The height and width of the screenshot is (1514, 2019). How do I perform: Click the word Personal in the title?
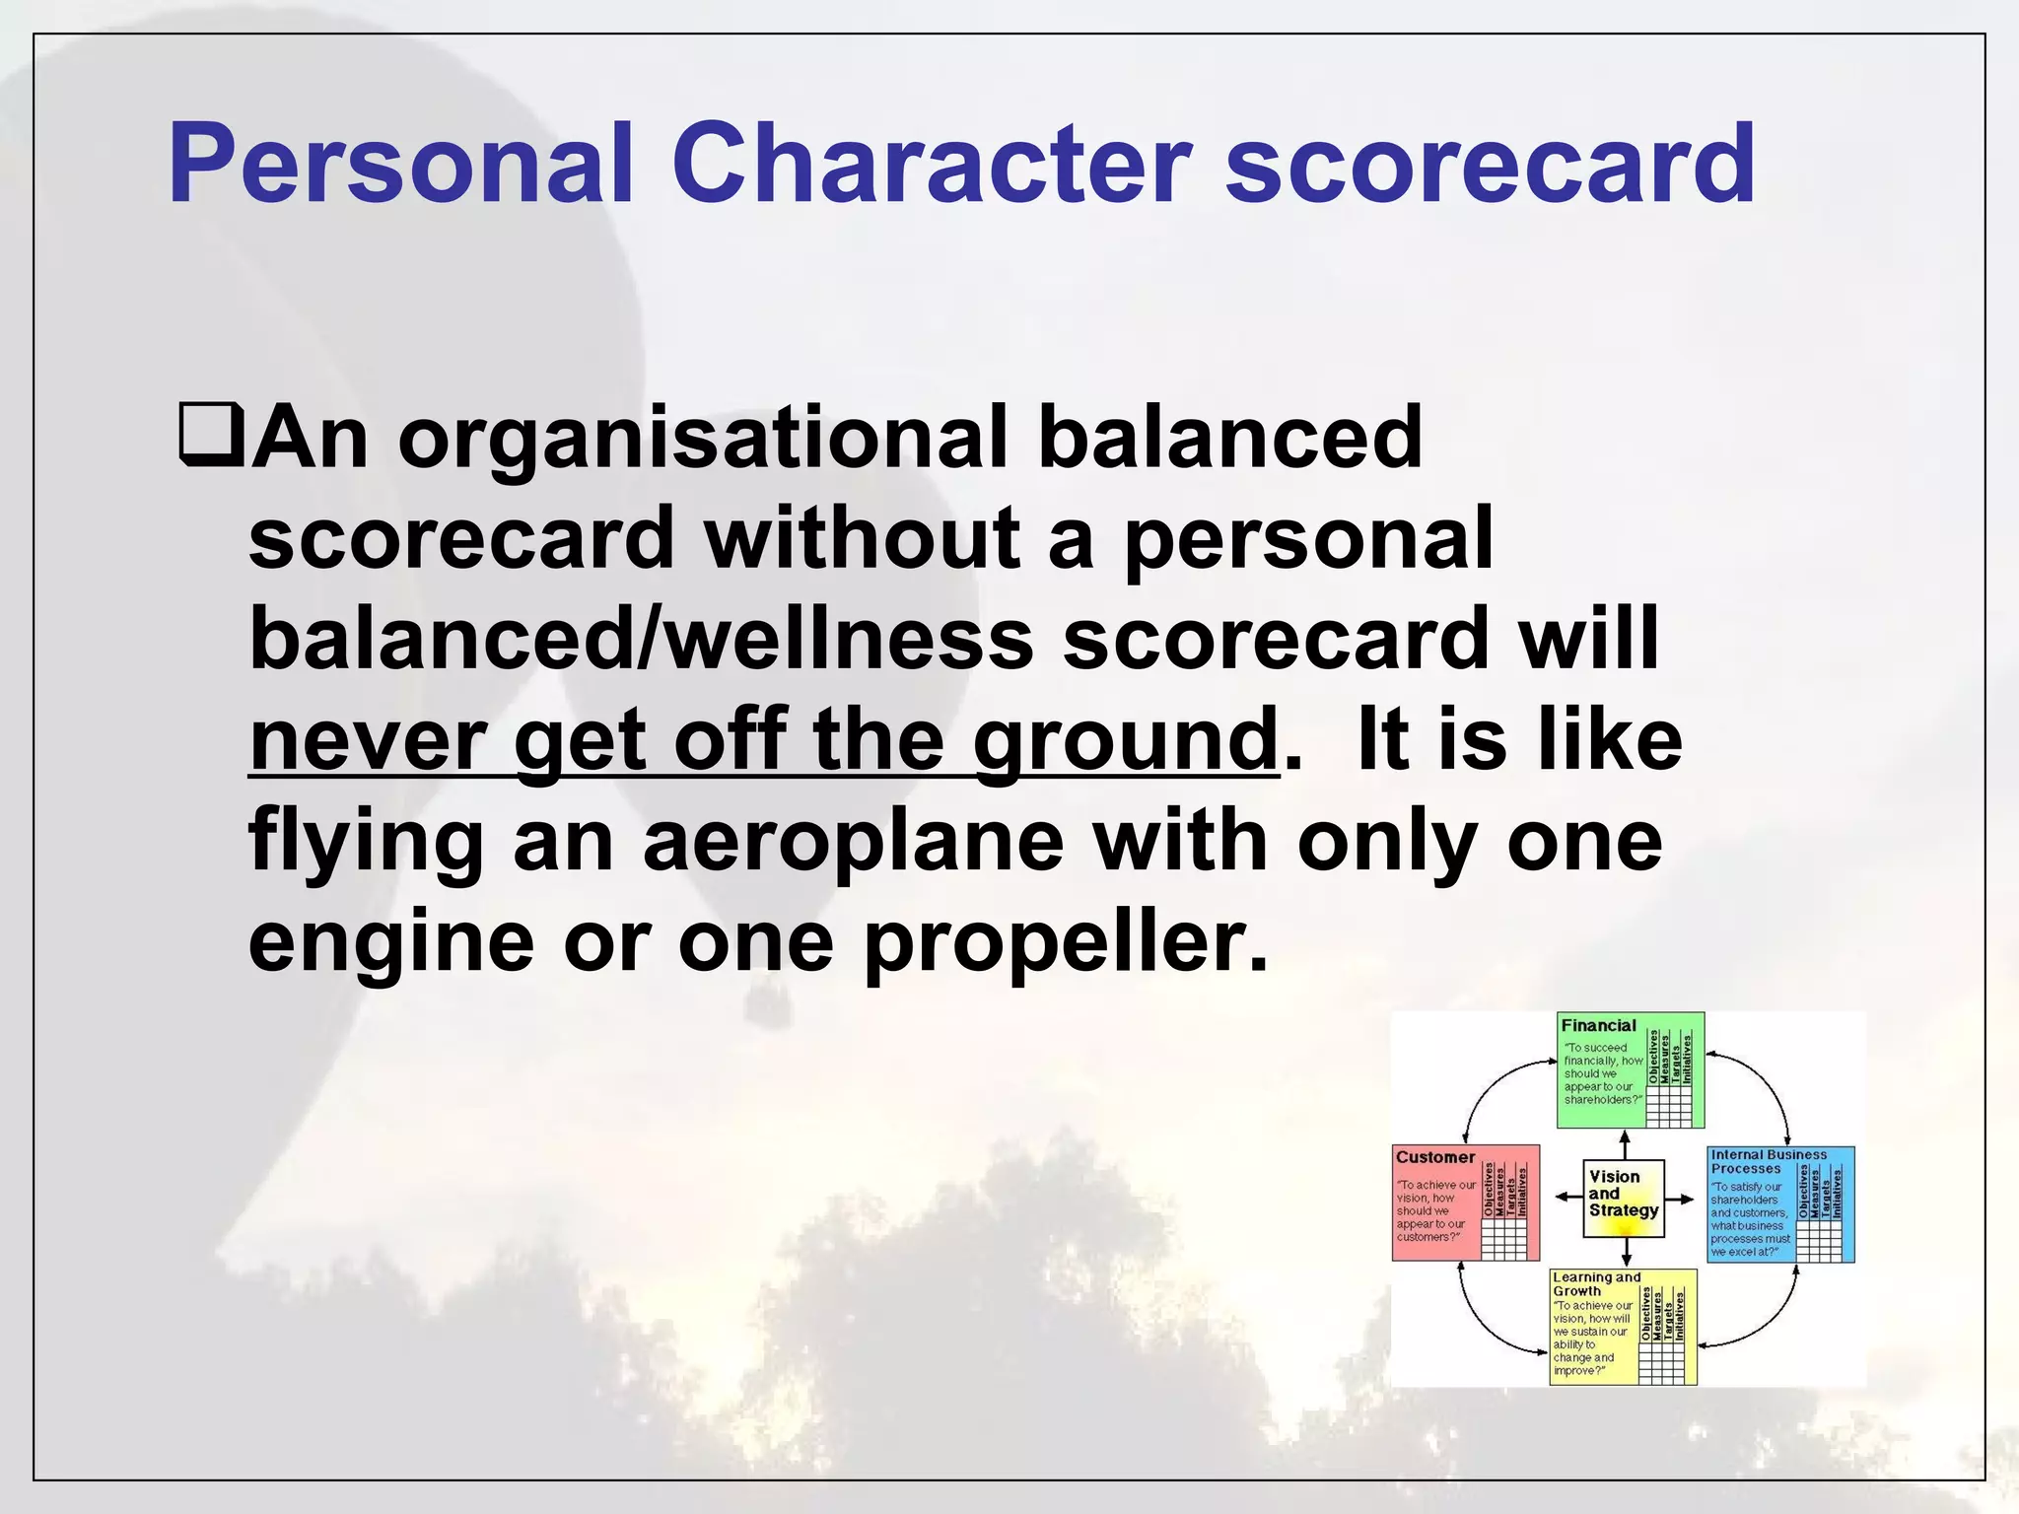pyautogui.click(x=399, y=163)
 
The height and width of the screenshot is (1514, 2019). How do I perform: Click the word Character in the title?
pyautogui.click(x=932, y=163)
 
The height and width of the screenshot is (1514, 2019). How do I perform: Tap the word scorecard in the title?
pyautogui.click(x=1489, y=163)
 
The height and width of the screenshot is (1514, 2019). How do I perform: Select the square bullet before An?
pyautogui.click(x=210, y=434)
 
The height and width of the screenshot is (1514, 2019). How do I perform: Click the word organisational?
pyautogui.click(x=703, y=439)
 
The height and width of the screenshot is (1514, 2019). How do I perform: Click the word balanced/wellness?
pyautogui.click(x=641, y=639)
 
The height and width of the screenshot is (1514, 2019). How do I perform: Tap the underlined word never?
pyautogui.click(x=368, y=741)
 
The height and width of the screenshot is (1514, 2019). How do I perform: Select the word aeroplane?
pyautogui.click(x=853, y=843)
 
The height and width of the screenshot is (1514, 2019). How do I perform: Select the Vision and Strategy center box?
pyautogui.click(x=1624, y=1198)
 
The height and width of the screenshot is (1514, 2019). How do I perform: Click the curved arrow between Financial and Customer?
pyautogui.click(x=1489, y=1089)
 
